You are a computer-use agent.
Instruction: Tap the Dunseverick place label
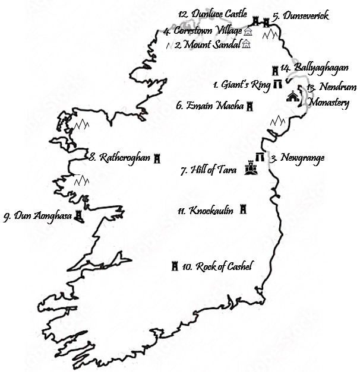[x=301, y=16]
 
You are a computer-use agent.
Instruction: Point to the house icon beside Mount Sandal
[x=246, y=44]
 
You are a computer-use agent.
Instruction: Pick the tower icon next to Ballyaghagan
[x=275, y=69]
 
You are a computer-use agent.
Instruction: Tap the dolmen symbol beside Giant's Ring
[x=277, y=85]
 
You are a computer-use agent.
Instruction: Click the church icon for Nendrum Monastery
[x=293, y=96]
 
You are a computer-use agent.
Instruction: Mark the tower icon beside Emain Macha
[x=250, y=107]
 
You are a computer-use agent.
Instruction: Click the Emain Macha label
[x=210, y=107]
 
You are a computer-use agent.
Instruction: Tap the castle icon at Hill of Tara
[x=250, y=170]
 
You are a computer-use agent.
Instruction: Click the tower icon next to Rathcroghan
[x=157, y=159]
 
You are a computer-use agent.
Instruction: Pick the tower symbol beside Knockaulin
[x=242, y=210]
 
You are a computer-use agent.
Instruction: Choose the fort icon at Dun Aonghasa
[x=78, y=217]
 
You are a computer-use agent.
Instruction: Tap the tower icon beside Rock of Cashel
[x=175, y=266]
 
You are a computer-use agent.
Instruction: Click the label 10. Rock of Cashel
[x=217, y=267]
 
